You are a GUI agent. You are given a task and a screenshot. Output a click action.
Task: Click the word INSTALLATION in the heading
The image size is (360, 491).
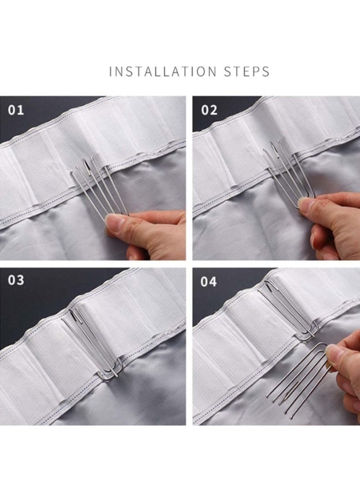[163, 71]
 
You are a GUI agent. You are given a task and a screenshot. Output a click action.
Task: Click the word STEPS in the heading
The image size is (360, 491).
[247, 71]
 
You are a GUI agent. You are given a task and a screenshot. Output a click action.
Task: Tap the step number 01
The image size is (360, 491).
[16, 110]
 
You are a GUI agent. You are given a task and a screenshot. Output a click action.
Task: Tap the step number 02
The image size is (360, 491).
[209, 110]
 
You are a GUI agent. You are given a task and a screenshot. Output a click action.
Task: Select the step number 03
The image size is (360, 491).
[16, 280]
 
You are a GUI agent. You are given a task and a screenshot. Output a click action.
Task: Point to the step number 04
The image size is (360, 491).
[208, 282]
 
